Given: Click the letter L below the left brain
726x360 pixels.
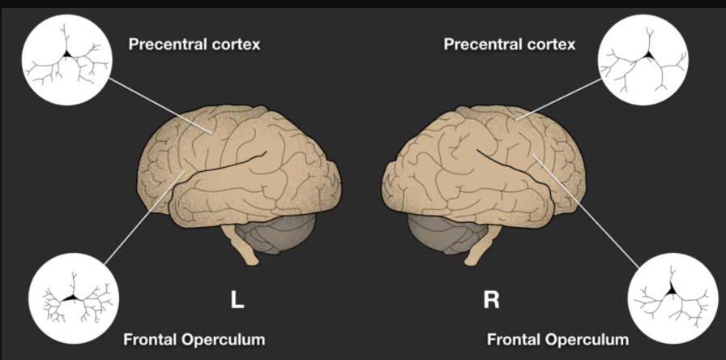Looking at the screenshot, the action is (237, 301).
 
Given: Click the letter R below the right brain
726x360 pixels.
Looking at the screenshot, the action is (491, 301).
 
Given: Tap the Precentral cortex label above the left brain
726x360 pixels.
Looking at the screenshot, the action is (194, 45).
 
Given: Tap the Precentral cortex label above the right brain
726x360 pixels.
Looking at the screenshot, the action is (510, 45).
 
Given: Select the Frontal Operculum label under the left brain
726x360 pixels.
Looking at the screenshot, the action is (194, 338).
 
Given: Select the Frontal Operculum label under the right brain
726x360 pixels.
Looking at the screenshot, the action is (558, 338).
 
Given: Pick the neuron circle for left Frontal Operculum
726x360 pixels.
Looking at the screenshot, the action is (70, 299).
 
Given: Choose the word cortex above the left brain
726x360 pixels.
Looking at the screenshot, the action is (236, 45).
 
